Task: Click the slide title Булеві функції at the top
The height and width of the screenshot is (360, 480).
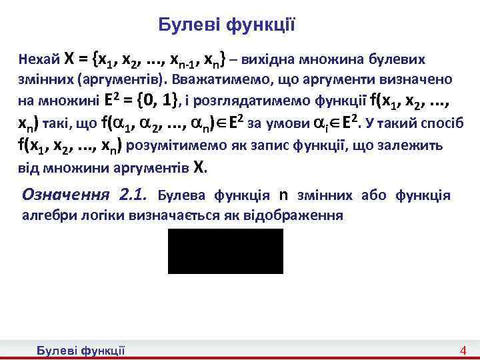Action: click(x=227, y=25)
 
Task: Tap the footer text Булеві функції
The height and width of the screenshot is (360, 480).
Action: click(x=81, y=351)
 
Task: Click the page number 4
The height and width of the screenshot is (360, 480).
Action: click(x=463, y=351)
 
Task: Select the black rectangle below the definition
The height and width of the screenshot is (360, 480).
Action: click(x=225, y=251)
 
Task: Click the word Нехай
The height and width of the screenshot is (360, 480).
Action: click(x=39, y=59)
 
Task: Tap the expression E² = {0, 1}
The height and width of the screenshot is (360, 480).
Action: click(x=142, y=101)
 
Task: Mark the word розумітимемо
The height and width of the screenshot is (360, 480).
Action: click(x=165, y=145)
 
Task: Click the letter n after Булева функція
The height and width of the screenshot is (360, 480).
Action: click(x=283, y=195)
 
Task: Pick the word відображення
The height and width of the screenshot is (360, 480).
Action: click(x=303, y=216)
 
